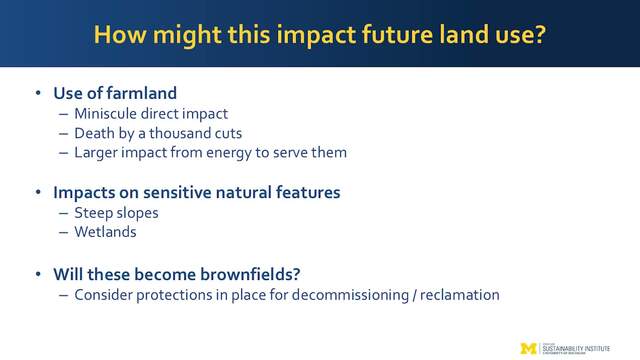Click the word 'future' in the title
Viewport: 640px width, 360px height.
point(397,34)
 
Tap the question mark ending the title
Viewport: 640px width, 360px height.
point(540,34)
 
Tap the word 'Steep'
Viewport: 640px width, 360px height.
point(93,213)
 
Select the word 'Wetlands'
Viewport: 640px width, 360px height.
point(105,232)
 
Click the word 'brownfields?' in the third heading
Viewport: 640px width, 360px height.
point(250,274)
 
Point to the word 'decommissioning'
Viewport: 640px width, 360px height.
point(350,295)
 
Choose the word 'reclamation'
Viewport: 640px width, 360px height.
point(460,295)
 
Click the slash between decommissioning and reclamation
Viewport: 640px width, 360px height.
point(414,295)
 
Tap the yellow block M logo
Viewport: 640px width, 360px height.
point(529,348)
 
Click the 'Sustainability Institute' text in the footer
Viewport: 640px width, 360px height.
point(576,349)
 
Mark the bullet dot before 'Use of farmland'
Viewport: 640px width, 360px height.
point(38,93)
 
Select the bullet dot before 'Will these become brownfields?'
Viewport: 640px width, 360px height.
point(38,274)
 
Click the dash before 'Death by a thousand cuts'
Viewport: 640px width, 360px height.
point(63,133)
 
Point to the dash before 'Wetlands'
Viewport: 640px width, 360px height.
point(63,232)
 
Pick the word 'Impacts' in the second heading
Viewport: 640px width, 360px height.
point(84,193)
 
